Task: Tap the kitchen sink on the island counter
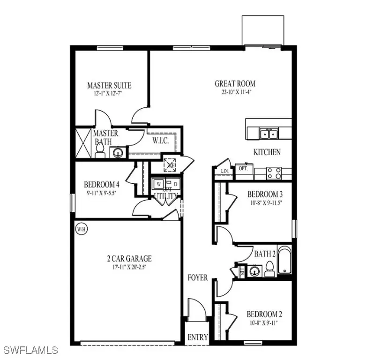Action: [269, 134]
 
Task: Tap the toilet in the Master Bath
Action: [99, 150]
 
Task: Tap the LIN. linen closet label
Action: [221, 172]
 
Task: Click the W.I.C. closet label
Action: [160, 140]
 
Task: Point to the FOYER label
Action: [198, 277]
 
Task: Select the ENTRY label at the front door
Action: [198, 337]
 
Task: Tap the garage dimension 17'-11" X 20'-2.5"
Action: [128, 267]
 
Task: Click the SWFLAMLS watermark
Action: [31, 350]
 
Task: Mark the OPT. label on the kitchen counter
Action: [243, 168]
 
